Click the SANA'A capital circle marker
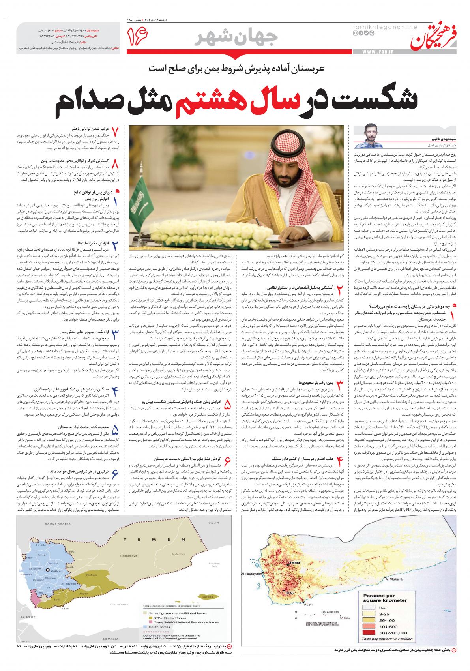click(x=49, y=570)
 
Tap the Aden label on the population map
click(x=308, y=615)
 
